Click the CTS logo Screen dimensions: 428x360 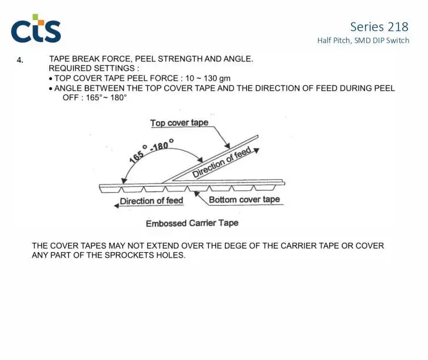[x=36, y=28]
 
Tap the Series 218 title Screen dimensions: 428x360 [x=379, y=27]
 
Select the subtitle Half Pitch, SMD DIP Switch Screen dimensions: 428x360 [x=363, y=41]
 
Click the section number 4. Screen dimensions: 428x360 [x=20, y=60]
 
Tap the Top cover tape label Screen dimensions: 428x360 [x=180, y=123]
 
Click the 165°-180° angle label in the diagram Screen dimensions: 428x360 [x=151, y=150]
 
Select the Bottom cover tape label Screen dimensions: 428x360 [x=244, y=200]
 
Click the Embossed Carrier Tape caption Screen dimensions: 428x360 [x=192, y=223]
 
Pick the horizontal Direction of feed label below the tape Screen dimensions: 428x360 [x=151, y=201]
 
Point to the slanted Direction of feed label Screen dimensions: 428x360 [x=221, y=161]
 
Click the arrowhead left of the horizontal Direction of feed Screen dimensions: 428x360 [x=117, y=206]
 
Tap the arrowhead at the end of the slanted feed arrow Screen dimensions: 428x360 [x=256, y=150]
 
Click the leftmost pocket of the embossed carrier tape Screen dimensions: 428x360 [x=110, y=189]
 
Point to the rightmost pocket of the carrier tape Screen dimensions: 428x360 [x=264, y=187]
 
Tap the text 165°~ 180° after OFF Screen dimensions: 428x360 [x=107, y=97]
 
